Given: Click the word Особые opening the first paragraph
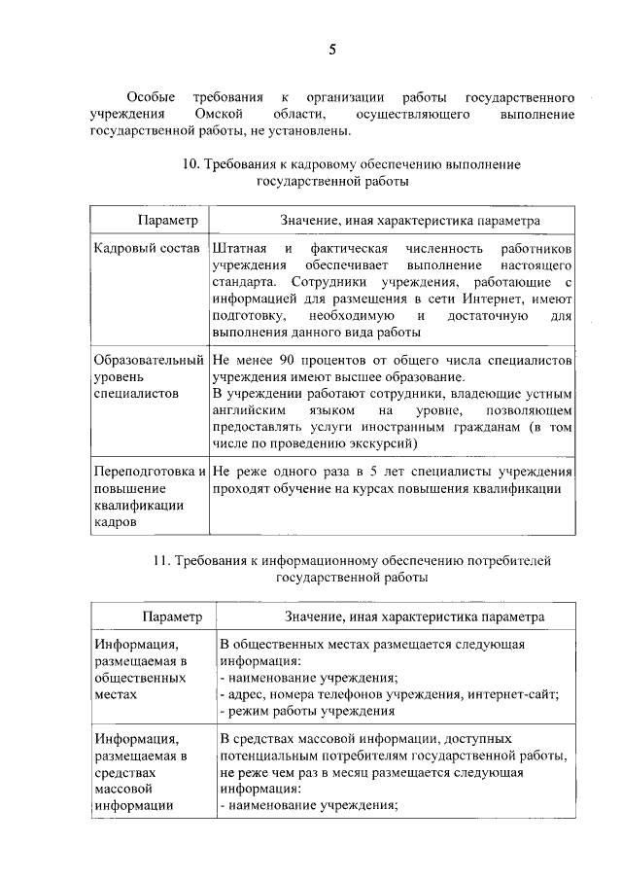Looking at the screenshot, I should pos(151,98).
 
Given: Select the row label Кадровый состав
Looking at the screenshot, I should pos(143,250).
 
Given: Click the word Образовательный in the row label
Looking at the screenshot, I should pos(148,361).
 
